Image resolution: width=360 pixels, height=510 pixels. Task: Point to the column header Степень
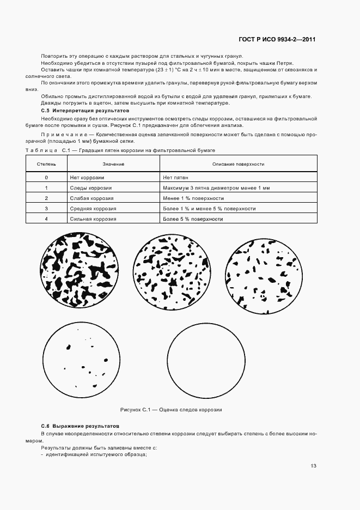tap(46, 164)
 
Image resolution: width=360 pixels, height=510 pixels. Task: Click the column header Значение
tap(113, 164)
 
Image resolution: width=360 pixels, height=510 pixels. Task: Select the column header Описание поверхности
tap(238, 164)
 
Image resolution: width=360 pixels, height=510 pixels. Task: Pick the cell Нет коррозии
tap(87, 178)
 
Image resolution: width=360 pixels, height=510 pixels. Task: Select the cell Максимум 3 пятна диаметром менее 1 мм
tap(216, 188)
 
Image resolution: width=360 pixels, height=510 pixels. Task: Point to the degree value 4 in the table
tap(46, 219)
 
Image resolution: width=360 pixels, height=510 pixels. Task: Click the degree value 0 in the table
tap(46, 178)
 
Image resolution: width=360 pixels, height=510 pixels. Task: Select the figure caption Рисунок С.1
tap(171, 410)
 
